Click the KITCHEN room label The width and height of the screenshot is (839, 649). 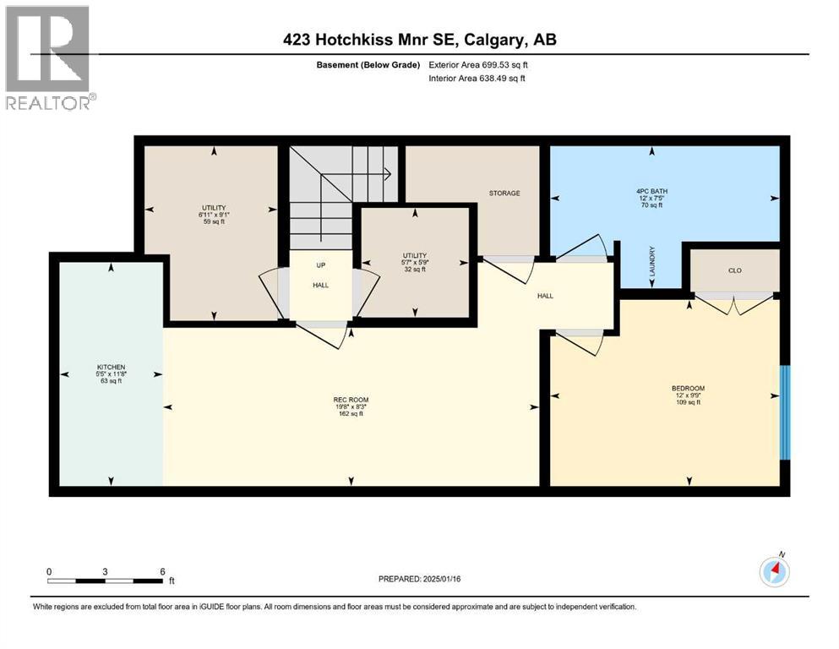110,367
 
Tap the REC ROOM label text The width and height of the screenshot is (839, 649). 351,400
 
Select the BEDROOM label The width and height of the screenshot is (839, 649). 688,389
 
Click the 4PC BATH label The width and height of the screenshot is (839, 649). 651,192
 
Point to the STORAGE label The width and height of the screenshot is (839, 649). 504,194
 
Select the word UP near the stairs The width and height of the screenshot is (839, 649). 320,265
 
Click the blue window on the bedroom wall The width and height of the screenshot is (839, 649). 784,412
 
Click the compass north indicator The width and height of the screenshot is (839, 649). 774,571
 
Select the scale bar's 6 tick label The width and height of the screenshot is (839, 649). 161,571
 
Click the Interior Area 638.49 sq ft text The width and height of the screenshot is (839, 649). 477,79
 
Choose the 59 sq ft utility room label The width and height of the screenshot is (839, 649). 213,222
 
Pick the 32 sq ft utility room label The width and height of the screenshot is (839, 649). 414,269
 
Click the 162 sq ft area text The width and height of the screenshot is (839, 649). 351,414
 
